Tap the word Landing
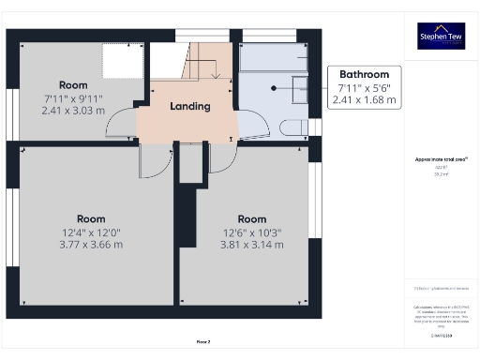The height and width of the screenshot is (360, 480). click(189, 107)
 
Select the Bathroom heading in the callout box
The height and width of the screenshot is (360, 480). click(364, 74)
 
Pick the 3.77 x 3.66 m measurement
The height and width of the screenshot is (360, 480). click(91, 245)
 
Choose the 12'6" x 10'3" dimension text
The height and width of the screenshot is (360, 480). click(251, 232)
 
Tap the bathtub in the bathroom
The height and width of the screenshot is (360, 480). click(272, 58)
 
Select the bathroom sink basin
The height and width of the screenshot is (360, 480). click(299, 89)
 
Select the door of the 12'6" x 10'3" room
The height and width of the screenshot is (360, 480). click(221, 160)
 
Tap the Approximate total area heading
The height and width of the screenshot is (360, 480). click(441, 159)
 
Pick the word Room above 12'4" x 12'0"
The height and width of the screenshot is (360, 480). click(91, 217)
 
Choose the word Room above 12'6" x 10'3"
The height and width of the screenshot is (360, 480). click(251, 219)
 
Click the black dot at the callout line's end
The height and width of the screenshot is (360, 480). click(275, 88)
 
